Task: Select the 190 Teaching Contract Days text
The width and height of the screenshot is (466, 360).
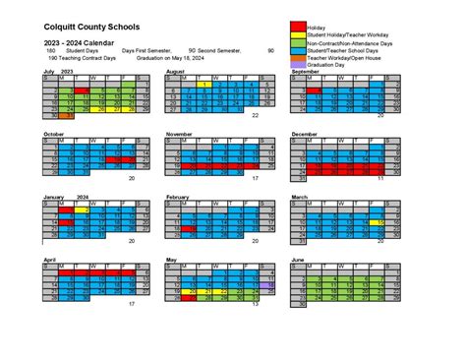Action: click(x=76, y=58)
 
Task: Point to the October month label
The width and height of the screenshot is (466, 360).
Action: click(x=53, y=134)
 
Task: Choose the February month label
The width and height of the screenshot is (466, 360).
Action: click(x=178, y=197)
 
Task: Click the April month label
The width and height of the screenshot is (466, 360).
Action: click(x=49, y=259)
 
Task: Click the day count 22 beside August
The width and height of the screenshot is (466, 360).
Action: click(x=255, y=116)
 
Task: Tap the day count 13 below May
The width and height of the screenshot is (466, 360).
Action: click(x=255, y=304)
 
